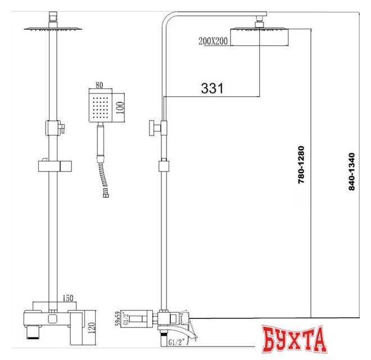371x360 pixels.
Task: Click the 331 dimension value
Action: pos(212,88)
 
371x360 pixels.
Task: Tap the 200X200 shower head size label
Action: pos(213,41)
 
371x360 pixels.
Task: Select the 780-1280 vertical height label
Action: pos(301,165)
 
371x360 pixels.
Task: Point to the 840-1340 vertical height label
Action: pos(352,172)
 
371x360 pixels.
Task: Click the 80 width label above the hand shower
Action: pos(99,85)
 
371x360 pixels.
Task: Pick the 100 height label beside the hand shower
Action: pos(120,108)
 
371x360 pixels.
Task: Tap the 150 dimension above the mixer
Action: pos(68,298)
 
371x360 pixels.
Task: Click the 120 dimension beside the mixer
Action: pos(92,328)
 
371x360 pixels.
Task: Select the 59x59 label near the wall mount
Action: pos(117,318)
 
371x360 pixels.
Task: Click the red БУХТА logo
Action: pos(295,339)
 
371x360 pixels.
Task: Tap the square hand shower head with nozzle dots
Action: pos(100,107)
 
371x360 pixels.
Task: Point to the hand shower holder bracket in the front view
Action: pos(55,165)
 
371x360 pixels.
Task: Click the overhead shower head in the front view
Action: pos(53,29)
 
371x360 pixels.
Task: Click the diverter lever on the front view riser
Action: pos(62,128)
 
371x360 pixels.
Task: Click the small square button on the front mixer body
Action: pos(52,318)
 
